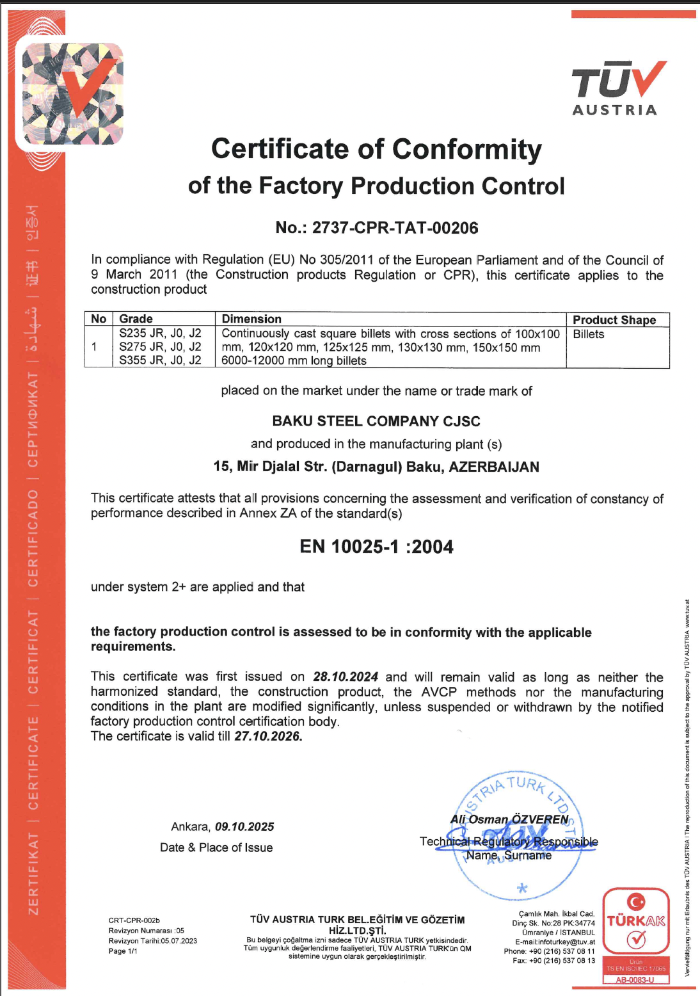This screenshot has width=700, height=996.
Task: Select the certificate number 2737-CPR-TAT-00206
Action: (395, 228)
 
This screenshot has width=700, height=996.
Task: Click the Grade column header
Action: (136, 319)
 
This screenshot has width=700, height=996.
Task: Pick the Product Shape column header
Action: (614, 319)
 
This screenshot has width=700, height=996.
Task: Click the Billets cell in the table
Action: (589, 334)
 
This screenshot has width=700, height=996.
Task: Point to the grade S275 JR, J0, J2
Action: (160, 347)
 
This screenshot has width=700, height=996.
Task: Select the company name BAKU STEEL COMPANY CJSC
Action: (376, 421)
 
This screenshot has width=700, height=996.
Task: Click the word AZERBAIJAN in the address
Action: (494, 467)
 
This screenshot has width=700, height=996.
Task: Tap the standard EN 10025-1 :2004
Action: (376, 547)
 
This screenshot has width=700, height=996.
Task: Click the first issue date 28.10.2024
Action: (346, 677)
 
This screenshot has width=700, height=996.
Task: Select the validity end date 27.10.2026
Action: (268, 736)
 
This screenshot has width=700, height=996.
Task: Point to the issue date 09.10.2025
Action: (244, 827)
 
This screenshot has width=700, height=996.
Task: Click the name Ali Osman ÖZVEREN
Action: (509, 819)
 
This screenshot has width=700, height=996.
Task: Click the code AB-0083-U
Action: (635, 979)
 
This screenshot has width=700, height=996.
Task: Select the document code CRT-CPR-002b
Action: (134, 920)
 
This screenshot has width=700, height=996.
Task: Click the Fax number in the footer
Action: (554, 960)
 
